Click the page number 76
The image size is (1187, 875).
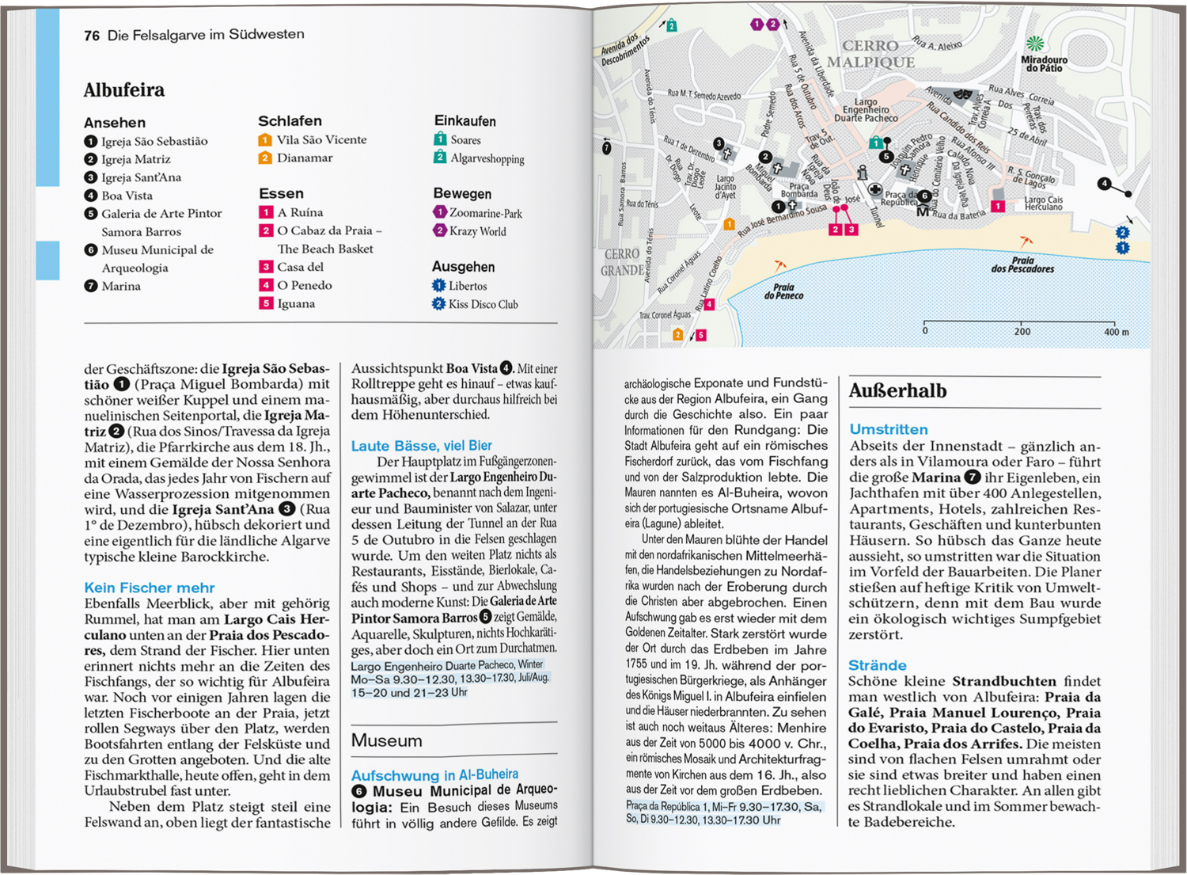92,36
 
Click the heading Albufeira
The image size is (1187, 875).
124,90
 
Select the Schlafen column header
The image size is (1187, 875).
290,121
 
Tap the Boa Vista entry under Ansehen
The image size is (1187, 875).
127,196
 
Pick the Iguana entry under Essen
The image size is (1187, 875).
296,304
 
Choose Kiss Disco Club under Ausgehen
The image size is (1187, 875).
483,305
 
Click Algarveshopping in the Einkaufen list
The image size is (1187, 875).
487,158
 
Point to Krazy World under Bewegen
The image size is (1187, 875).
477,231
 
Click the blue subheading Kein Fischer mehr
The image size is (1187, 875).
150,588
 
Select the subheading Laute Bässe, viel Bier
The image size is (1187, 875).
421,446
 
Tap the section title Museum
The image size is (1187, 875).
387,741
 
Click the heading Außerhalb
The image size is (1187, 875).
897,391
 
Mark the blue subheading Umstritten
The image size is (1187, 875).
889,429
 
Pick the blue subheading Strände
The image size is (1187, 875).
878,665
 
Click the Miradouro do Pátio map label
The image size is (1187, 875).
1044,64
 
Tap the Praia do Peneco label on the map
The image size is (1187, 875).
783,291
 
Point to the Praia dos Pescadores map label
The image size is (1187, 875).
1022,264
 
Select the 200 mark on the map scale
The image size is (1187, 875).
1022,332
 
